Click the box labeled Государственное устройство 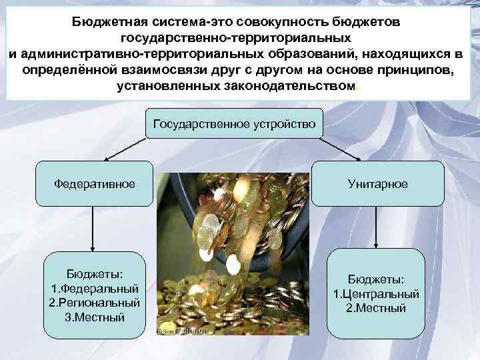[234, 123]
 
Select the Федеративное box [94, 183]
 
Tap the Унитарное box [377, 183]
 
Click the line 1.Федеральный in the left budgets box [94, 289]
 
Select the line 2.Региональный [94, 303]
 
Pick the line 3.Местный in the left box [94, 317]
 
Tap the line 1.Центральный [377, 293]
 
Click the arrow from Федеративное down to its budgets [94, 230]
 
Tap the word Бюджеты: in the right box [377, 279]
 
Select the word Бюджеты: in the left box [94, 274]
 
